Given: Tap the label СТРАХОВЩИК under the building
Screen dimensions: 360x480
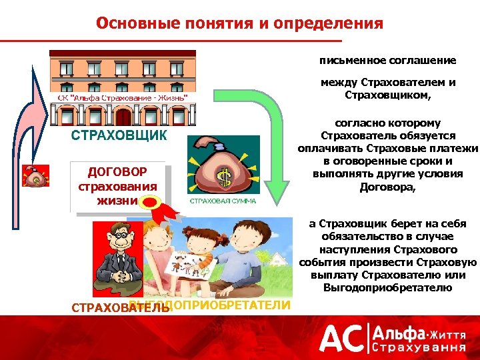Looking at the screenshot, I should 119,135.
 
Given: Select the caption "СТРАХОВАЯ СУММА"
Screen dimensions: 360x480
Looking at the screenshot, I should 223,200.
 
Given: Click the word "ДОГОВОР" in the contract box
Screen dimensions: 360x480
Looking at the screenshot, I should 117,173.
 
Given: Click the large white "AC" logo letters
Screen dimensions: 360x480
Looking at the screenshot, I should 341,339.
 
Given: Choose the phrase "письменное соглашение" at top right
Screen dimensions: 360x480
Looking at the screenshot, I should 387,60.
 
